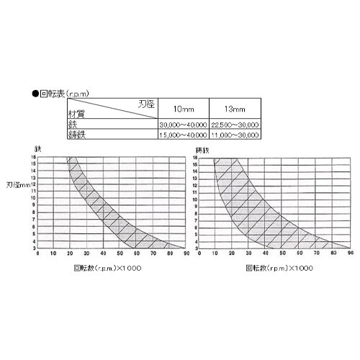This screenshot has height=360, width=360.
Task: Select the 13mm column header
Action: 235,108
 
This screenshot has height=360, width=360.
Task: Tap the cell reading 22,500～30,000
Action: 235,125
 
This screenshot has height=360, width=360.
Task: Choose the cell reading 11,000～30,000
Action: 235,135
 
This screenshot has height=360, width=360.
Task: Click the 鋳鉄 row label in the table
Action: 77,135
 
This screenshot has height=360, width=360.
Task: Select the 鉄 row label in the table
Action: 72,125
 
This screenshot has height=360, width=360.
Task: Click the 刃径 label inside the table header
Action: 146,104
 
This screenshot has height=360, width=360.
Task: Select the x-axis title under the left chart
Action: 107,268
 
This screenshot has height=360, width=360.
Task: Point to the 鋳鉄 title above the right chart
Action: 202,150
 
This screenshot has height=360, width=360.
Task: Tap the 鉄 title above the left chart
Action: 37,148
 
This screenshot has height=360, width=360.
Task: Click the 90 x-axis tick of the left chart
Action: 186,253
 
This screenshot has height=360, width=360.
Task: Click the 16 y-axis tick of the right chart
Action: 195,158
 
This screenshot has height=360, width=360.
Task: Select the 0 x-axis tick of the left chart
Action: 37,253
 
